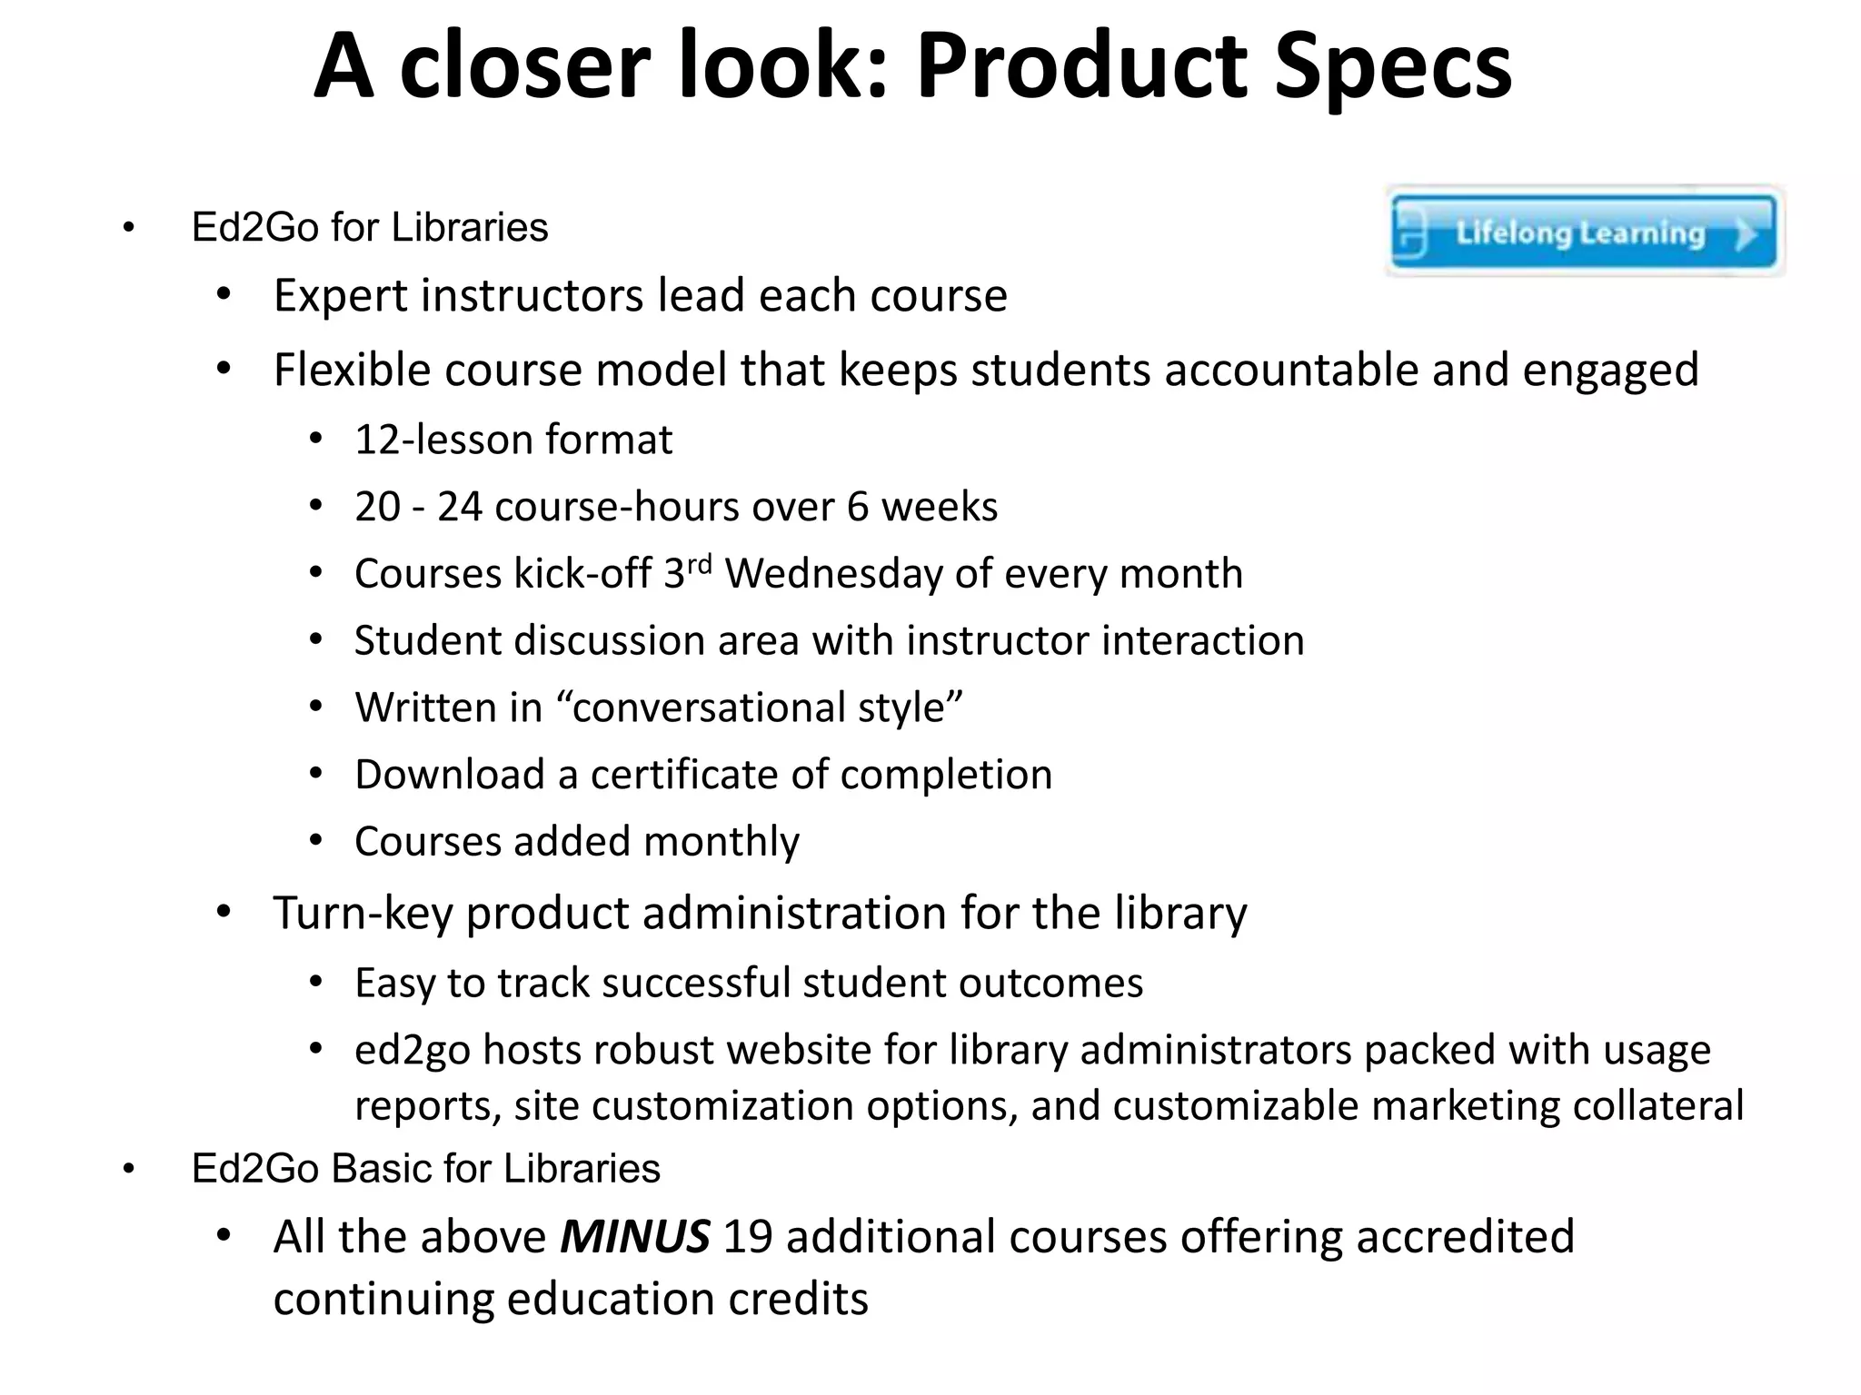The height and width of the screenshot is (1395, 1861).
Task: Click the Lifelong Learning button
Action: (x=1583, y=232)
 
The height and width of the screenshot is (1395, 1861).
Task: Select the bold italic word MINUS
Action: (x=634, y=1237)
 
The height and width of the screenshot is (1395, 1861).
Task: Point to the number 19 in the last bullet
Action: (x=747, y=1237)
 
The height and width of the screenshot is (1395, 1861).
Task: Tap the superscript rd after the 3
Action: (x=699, y=564)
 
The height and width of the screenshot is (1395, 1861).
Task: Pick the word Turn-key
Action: (x=363, y=914)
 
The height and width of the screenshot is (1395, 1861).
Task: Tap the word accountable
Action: (x=1291, y=371)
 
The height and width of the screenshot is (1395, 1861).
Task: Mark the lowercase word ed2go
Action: (x=412, y=1051)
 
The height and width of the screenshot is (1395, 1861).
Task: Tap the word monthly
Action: (x=722, y=842)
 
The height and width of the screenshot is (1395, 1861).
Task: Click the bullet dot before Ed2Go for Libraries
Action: (x=128, y=228)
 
